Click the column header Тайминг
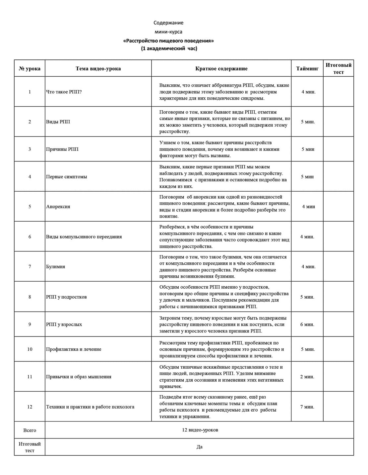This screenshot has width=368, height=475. click(307, 69)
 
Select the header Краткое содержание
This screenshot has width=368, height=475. click(221, 69)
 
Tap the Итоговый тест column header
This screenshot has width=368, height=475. click(338, 68)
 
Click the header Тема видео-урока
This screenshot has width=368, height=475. click(98, 69)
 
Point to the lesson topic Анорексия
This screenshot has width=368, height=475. click(58, 207)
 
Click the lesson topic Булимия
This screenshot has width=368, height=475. click(56, 266)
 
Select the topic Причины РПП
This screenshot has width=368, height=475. click(62, 149)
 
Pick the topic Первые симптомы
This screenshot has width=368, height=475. click(67, 177)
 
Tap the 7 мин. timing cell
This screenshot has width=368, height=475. click(307, 407)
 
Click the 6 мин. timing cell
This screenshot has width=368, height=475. click(307, 324)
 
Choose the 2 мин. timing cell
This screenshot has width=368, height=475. click(307, 377)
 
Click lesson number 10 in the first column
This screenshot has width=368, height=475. click(30, 349)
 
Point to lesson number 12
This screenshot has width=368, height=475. click(30, 407)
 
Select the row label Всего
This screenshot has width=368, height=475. click(30, 430)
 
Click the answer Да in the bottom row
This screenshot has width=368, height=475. click(199, 447)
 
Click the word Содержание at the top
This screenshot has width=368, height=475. click(168, 23)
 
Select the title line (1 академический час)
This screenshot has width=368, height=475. click(169, 48)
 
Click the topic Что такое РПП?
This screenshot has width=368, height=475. click(64, 92)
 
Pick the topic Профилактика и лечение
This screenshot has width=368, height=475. click(74, 349)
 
